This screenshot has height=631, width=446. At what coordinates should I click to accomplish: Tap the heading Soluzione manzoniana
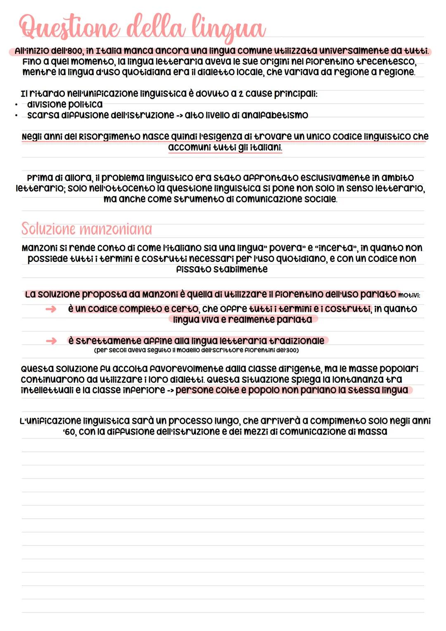(x=87, y=229)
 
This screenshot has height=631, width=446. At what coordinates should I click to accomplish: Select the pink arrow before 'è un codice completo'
(x=51, y=309)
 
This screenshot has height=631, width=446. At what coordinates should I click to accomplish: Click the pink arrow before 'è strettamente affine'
(x=51, y=341)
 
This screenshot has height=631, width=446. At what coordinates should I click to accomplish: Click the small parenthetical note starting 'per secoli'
(x=196, y=350)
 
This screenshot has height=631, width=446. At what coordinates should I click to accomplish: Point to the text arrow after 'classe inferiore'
(x=170, y=391)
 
